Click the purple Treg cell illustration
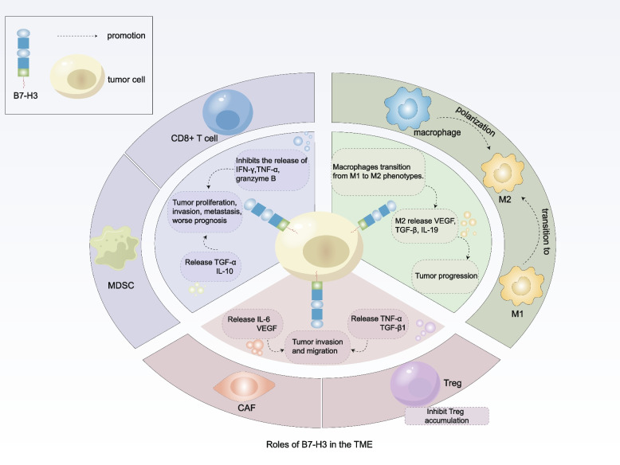(x=413, y=385)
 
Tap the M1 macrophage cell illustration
(x=514, y=296)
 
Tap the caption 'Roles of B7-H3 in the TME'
(x=309, y=448)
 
